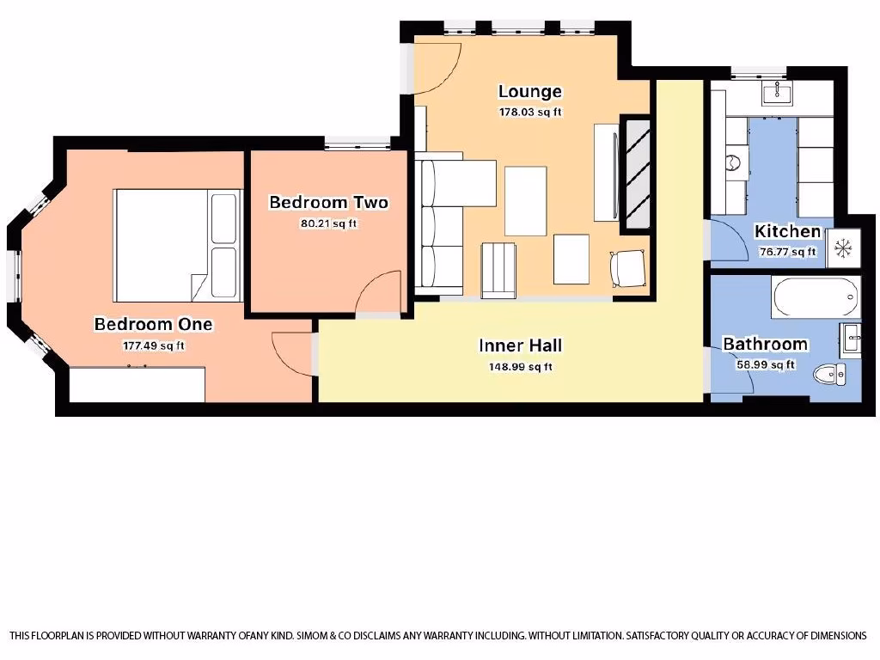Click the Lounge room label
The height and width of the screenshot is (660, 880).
pyautogui.click(x=530, y=91)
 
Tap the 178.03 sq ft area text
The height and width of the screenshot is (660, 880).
pyautogui.click(x=530, y=112)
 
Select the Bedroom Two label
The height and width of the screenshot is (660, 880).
pyautogui.click(x=328, y=203)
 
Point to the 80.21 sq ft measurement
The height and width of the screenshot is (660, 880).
pyautogui.click(x=328, y=224)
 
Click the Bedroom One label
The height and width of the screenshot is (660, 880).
pyautogui.click(x=153, y=324)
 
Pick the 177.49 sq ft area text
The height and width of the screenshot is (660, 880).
pyautogui.click(x=153, y=345)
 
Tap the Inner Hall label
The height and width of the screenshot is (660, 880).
pyautogui.click(x=520, y=345)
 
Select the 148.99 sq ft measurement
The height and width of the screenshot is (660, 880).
pyautogui.click(x=520, y=367)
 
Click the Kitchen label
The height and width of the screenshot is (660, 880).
pyautogui.click(x=787, y=231)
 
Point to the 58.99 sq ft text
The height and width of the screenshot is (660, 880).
pyautogui.click(x=765, y=364)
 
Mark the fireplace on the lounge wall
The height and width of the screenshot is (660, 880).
pyautogui.click(x=636, y=174)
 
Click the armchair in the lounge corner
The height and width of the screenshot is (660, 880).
pyautogui.click(x=627, y=268)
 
